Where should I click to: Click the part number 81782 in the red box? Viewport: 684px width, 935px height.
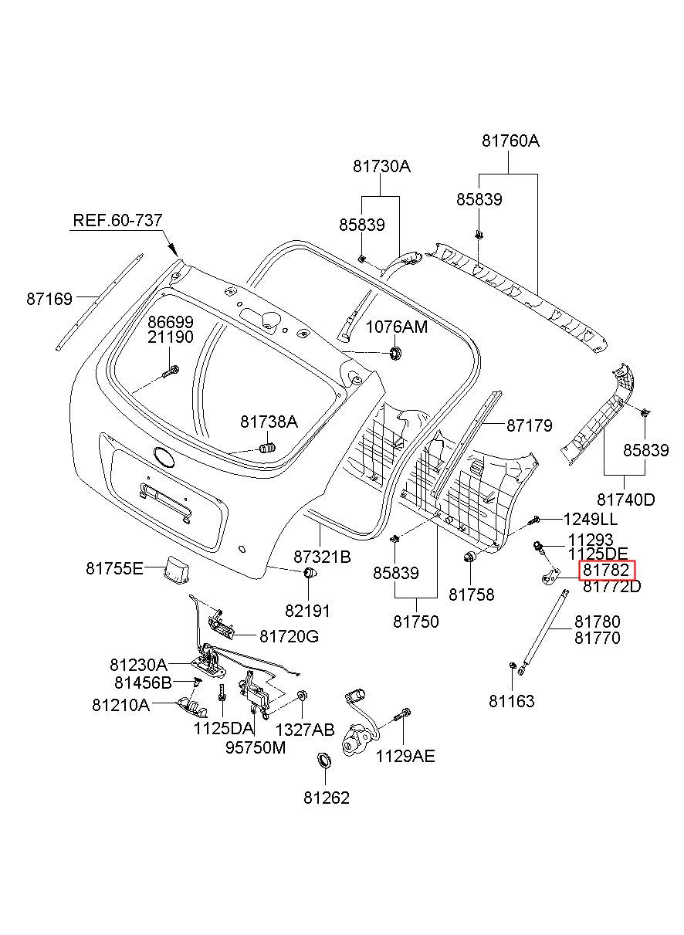point(605,569)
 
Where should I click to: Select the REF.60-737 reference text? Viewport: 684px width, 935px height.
point(117,220)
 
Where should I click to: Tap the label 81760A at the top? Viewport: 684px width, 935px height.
point(510,141)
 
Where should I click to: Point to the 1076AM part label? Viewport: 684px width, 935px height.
point(397,327)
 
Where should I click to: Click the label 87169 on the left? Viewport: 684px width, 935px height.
point(49,299)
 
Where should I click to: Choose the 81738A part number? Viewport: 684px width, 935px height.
point(269,422)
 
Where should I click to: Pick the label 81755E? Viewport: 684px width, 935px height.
point(114,568)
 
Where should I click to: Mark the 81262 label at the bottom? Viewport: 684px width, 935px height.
point(327,798)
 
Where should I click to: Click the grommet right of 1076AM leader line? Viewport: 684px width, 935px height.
point(394,353)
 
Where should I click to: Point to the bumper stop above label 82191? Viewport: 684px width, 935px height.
point(309,573)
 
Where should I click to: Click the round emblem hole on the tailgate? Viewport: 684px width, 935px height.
point(164,456)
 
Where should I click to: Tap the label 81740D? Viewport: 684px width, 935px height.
point(625,500)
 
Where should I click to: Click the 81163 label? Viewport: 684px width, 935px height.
point(512,701)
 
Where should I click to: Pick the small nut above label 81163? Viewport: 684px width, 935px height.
point(512,665)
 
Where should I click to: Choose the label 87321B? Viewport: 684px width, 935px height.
point(322,557)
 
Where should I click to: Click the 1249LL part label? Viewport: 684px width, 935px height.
point(590,520)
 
